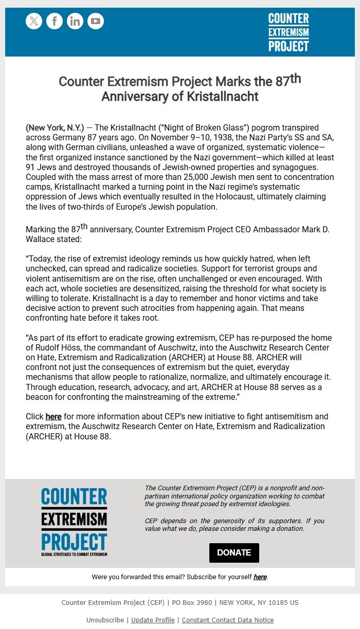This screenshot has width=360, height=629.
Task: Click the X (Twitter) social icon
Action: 34,21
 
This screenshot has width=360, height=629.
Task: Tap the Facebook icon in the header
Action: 55,21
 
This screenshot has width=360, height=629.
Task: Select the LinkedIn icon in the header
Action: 75,21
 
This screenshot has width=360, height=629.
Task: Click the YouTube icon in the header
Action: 96,21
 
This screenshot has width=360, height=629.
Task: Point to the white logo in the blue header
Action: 289,32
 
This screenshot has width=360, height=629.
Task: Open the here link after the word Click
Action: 53,417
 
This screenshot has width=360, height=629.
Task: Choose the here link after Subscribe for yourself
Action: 260,577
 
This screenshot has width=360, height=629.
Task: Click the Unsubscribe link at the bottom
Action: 105,620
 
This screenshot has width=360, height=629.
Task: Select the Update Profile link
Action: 153,620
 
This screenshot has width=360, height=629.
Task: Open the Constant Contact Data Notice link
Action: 227,620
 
